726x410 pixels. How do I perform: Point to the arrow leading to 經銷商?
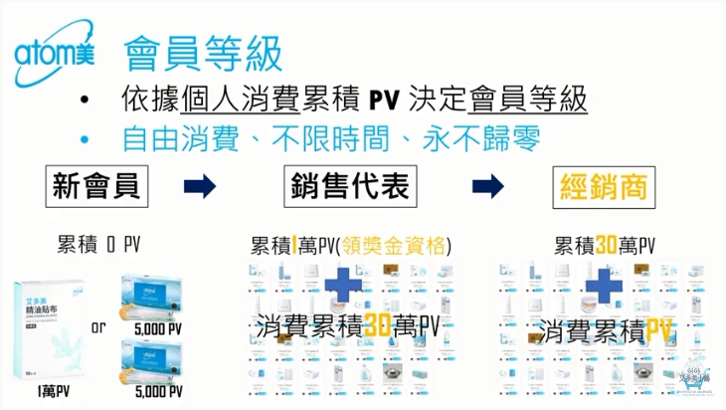click(x=486, y=186)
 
